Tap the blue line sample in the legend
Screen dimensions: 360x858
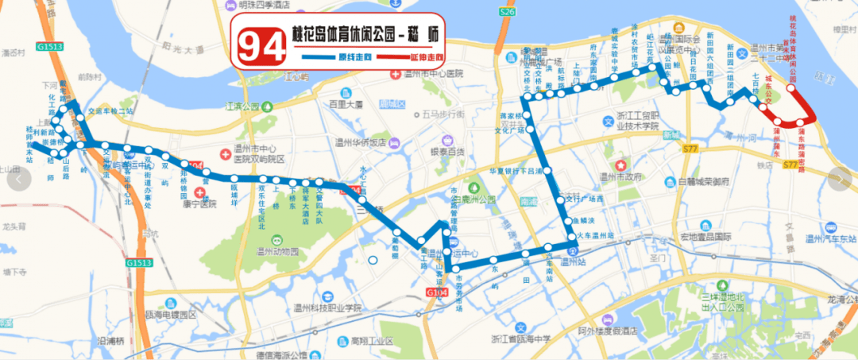[x=322, y=58]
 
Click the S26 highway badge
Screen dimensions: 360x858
[x=508, y=13]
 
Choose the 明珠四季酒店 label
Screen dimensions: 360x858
[x=266, y=6]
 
